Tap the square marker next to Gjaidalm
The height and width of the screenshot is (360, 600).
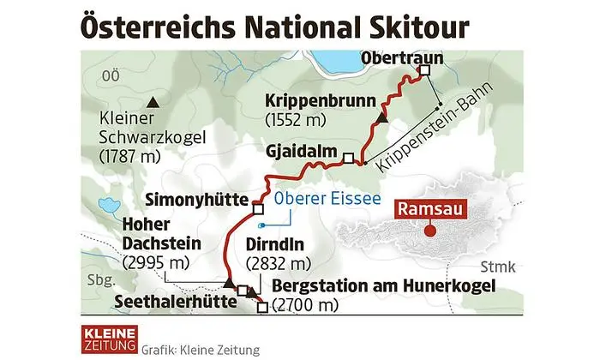pyautogui.click(x=348, y=157)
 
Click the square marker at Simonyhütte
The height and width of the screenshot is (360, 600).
pyautogui.click(x=257, y=207)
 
